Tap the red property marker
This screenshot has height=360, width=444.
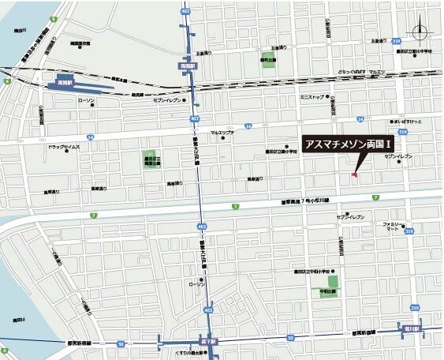coord(355,174)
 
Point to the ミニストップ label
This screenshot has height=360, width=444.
coord(312,98)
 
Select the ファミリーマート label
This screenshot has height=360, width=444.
coord(391,226)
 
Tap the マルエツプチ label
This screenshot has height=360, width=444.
coord(222,133)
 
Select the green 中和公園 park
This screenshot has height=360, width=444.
coord(332,280)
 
